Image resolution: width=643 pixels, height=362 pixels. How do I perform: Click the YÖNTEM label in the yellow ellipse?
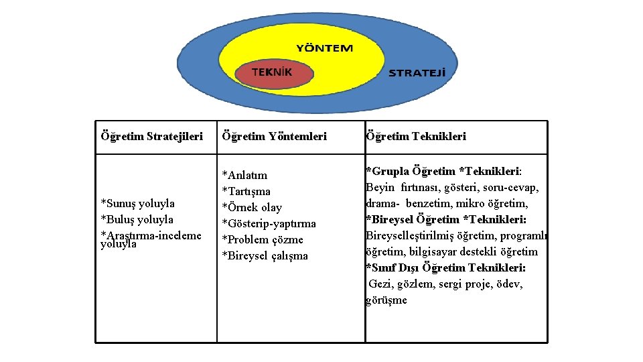coord(324,48)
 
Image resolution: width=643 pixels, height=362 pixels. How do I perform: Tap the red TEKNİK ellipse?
coord(275,74)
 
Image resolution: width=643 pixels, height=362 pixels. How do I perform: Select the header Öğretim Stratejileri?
coord(151,136)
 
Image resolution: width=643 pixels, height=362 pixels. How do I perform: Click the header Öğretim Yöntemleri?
coord(274,136)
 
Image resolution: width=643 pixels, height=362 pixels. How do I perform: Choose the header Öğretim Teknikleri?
coord(416,136)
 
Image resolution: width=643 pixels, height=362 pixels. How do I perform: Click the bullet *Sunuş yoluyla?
coord(137,203)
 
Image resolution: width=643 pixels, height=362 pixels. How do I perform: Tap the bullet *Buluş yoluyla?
coord(137,219)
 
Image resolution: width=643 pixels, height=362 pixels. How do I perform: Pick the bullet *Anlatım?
coord(244,175)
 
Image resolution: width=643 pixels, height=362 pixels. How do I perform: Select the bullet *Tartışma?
coord(246,191)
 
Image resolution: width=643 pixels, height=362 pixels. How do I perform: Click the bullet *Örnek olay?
coord(252,207)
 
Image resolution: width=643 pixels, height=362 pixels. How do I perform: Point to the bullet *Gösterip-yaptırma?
coord(269,223)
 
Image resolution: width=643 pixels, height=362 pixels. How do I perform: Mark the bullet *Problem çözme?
coord(263,239)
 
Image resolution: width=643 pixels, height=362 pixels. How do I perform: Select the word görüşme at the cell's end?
coord(386,300)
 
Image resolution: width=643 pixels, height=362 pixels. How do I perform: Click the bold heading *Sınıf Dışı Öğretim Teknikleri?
coord(445,267)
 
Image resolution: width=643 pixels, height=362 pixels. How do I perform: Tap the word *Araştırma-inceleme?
coord(151,235)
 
